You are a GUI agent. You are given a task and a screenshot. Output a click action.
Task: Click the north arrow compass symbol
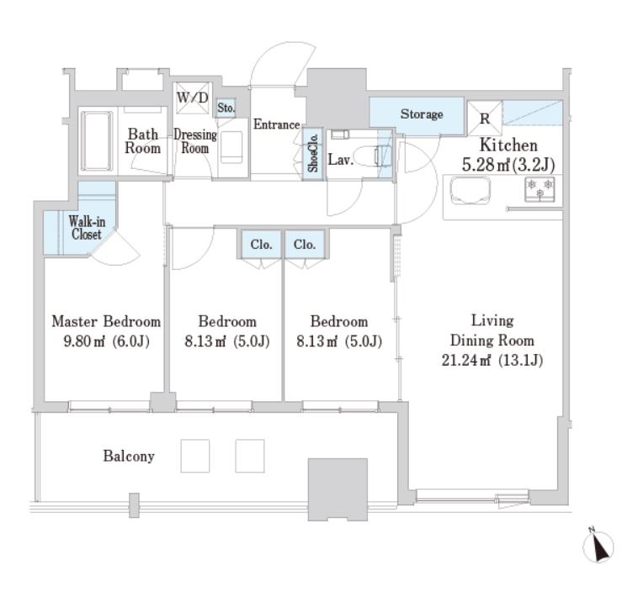pos(598,546)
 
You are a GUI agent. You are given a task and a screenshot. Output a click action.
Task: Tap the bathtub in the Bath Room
pos(97,141)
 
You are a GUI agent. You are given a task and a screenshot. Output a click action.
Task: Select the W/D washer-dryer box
pos(193,98)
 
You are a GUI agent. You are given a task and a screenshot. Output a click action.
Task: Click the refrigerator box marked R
pos(485,118)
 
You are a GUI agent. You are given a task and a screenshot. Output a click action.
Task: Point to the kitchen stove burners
pos(539,189)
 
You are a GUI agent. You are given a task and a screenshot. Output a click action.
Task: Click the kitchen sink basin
pos(470,191)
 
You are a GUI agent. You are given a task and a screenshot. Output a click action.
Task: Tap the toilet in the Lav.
pos(372,156)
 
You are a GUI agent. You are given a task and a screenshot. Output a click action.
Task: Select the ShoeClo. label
pos(313,153)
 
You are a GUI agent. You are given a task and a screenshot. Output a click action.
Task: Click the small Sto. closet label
pos(226,108)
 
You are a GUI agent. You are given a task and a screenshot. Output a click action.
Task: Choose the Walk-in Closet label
pos(87,227)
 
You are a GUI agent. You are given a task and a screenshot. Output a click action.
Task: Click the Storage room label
pos(422,114)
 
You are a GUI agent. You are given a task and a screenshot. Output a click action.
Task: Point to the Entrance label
pos(276,124)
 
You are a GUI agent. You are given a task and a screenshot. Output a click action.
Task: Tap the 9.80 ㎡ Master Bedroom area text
pos(106,341)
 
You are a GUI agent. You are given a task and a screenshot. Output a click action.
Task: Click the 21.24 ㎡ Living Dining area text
pos(492,360)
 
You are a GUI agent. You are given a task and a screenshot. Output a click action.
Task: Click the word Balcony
pos(129,456)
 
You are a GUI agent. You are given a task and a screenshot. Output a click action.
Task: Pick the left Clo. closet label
pos(261,245)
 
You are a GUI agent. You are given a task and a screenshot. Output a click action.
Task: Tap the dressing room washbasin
pos(231,146)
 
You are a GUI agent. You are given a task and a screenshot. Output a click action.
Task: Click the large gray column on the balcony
pos(337,489)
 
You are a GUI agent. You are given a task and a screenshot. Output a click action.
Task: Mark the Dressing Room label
pos(195,141)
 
